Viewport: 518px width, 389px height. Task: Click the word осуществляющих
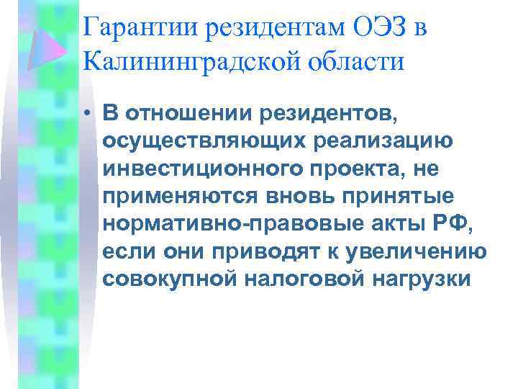[191, 141]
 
